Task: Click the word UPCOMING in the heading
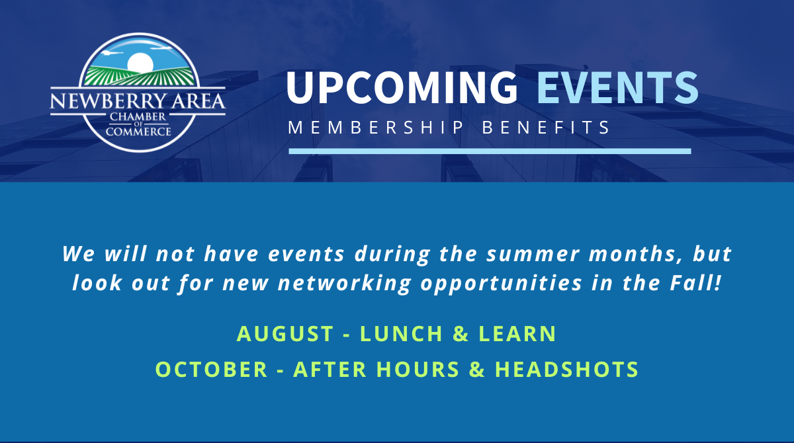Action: pos(402,87)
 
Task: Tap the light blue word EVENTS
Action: pos(617,87)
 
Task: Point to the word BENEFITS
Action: pos(546,128)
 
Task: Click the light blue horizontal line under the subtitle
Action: pos(490,151)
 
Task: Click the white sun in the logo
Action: pos(140,63)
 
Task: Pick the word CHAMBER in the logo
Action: pos(138,116)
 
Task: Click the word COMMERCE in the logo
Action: pos(138,132)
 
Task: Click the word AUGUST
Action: pos(285,334)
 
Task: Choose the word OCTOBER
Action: pos(212,370)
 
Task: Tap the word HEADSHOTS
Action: pos(567,370)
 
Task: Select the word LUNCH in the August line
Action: pos(401,334)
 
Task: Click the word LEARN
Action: pos(517,334)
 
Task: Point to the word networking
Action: pos(345,284)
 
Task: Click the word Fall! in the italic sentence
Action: pos(695,283)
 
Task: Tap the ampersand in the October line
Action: pos(477,370)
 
